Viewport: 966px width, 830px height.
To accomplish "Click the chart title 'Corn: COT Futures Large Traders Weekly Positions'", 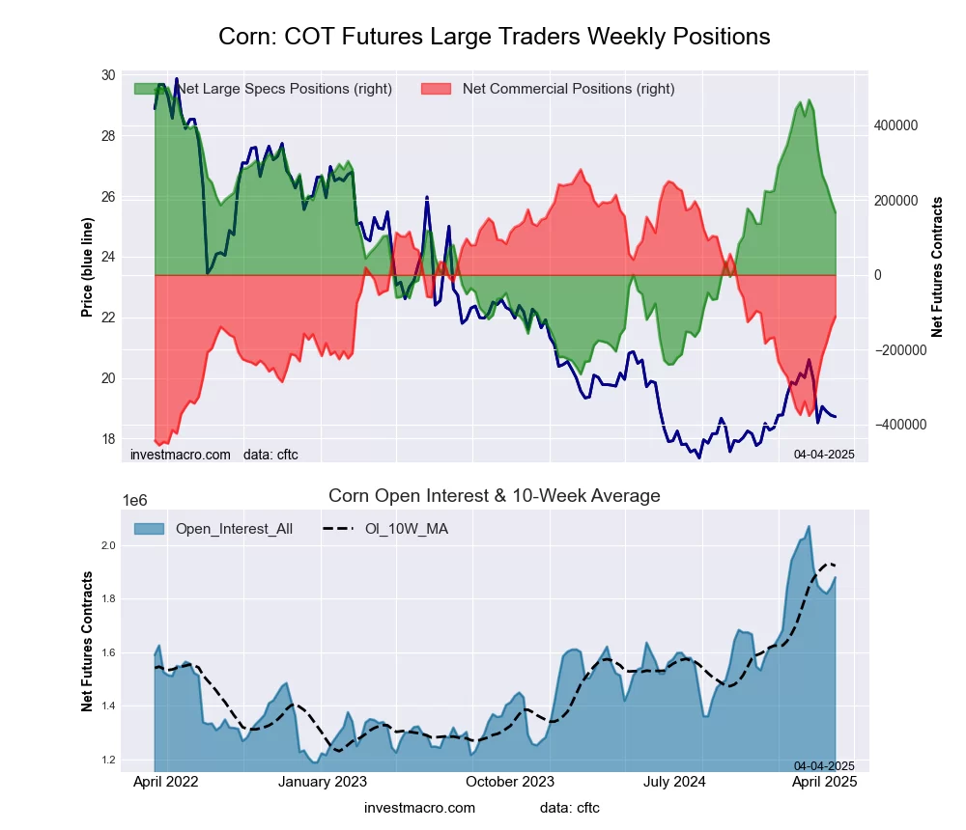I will (x=494, y=37).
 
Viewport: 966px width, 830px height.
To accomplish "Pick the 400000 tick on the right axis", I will (x=895, y=125).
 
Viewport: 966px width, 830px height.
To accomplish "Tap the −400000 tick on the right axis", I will (x=897, y=425).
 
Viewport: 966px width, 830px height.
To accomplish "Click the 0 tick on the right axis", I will (x=878, y=275).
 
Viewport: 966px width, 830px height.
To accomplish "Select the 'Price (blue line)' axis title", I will (x=88, y=268).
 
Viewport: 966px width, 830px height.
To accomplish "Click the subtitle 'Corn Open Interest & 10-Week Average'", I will (x=494, y=496).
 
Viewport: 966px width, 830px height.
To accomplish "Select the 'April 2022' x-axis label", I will (x=164, y=782).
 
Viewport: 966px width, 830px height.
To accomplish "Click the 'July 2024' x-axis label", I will (x=676, y=782).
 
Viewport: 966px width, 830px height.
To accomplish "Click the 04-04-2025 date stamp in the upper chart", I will (x=824, y=454).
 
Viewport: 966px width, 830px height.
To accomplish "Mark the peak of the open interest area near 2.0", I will (x=809, y=526).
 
